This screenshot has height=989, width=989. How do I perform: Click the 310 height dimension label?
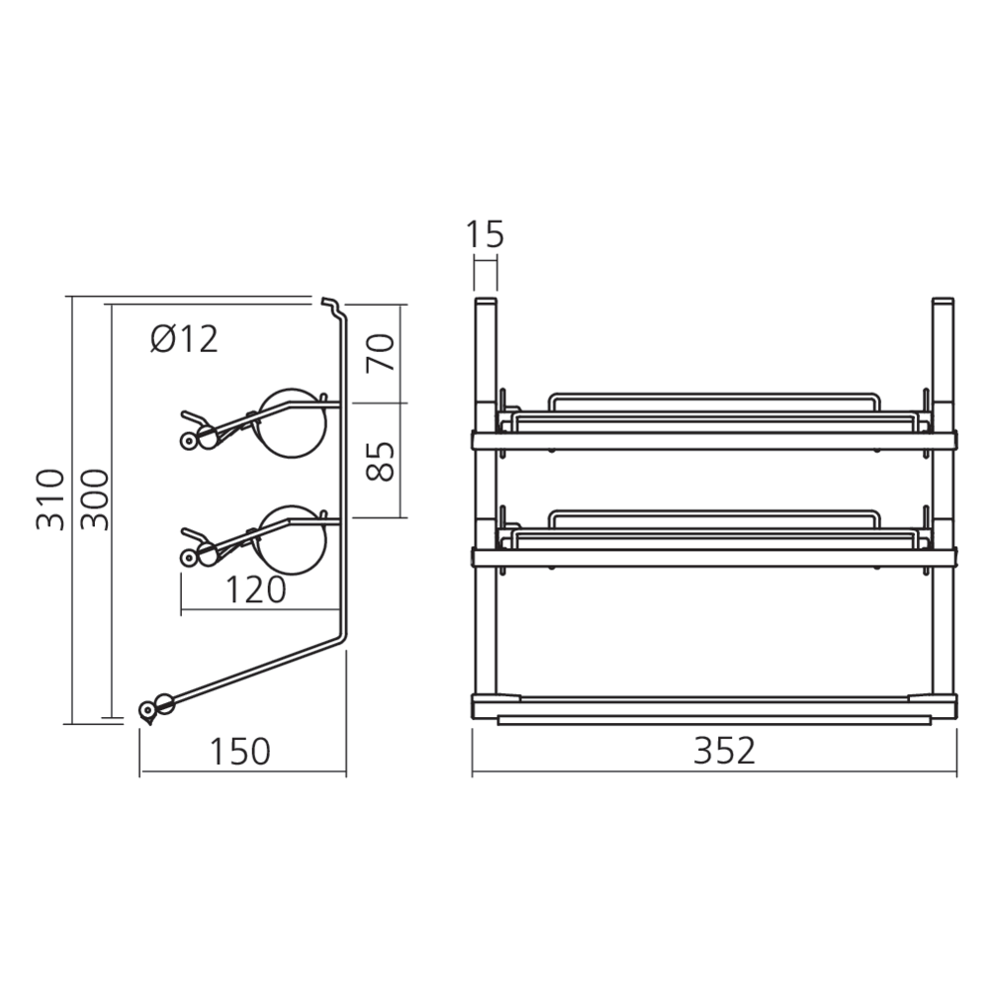pos(52,499)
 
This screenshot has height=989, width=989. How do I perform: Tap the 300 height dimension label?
pos(93,499)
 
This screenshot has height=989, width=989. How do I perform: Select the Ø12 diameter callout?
pos(184,339)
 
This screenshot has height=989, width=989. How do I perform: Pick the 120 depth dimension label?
pos(256,590)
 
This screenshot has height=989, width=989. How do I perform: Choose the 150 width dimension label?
pos(239,751)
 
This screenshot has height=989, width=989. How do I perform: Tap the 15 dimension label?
pos(485,234)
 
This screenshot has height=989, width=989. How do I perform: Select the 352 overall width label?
pos(723,751)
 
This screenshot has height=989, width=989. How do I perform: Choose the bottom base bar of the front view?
pos(714,705)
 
